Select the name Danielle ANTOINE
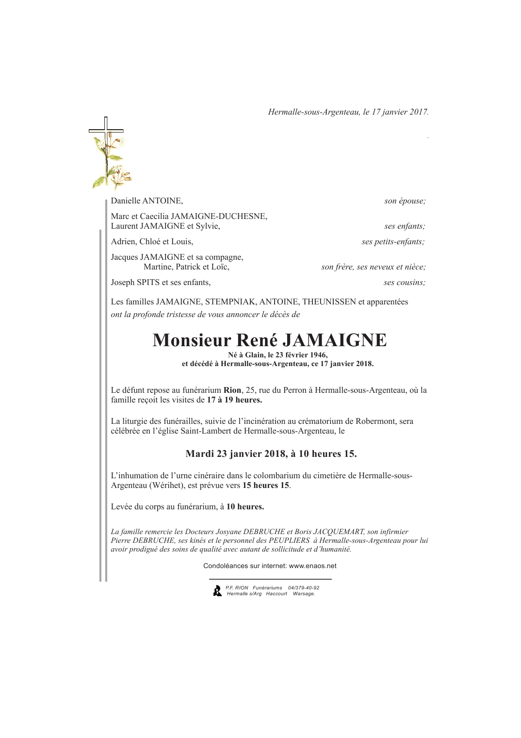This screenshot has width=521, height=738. pyautogui.click(x=147, y=201)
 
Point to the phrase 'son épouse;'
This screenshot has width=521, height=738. pyautogui.click(x=405, y=201)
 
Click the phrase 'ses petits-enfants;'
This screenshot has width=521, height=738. pyautogui.click(x=393, y=242)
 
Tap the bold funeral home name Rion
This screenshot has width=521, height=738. pyautogui.click(x=232, y=390)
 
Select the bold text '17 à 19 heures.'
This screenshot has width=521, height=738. pyautogui.click(x=234, y=400)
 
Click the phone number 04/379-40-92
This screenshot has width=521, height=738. pyautogui.click(x=304, y=587)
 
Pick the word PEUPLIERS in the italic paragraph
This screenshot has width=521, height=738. pyautogui.click(x=290, y=540)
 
